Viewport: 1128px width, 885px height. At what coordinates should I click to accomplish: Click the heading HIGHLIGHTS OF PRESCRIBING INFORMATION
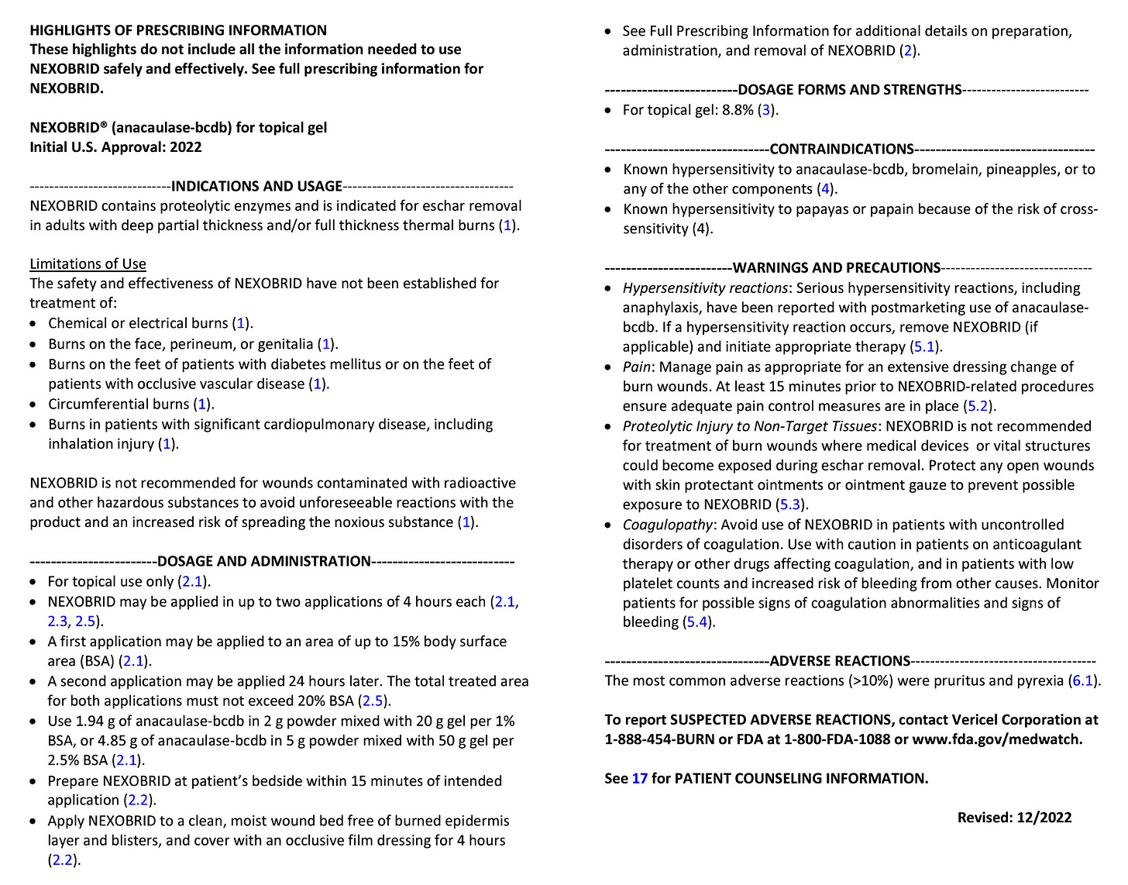(x=178, y=30)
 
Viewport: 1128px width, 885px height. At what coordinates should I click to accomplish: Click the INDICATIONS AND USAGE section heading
(x=256, y=186)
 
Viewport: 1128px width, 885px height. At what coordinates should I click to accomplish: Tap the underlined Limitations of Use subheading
(x=88, y=263)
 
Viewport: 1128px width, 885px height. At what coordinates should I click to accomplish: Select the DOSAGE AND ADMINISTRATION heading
(x=263, y=561)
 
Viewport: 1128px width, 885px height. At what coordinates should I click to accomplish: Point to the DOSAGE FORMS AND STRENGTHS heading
(x=850, y=89)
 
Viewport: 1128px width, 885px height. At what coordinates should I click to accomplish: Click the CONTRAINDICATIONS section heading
(x=841, y=149)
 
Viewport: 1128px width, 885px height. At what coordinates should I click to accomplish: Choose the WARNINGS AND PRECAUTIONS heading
(x=836, y=267)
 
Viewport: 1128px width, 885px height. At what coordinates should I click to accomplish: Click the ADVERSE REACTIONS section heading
(x=840, y=661)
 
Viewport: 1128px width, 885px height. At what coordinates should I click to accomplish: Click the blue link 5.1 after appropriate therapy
(x=924, y=346)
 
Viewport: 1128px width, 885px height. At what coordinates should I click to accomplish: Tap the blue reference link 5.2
(x=978, y=406)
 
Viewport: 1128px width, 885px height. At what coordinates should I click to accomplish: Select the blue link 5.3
(x=789, y=504)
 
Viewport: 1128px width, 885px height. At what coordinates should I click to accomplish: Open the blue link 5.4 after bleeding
(x=697, y=622)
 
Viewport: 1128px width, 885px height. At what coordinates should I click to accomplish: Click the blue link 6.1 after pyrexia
(x=1082, y=680)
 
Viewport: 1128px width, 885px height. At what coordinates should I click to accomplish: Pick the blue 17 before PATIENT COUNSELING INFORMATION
(x=639, y=778)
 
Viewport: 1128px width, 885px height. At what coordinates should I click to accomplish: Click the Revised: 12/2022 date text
(x=1014, y=817)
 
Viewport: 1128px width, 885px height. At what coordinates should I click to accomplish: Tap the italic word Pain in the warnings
(x=636, y=367)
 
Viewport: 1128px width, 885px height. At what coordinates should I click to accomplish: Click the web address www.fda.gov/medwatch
(x=997, y=739)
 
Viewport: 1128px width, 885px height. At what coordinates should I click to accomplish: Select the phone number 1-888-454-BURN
(x=659, y=739)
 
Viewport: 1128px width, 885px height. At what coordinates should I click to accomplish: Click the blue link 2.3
(x=57, y=622)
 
